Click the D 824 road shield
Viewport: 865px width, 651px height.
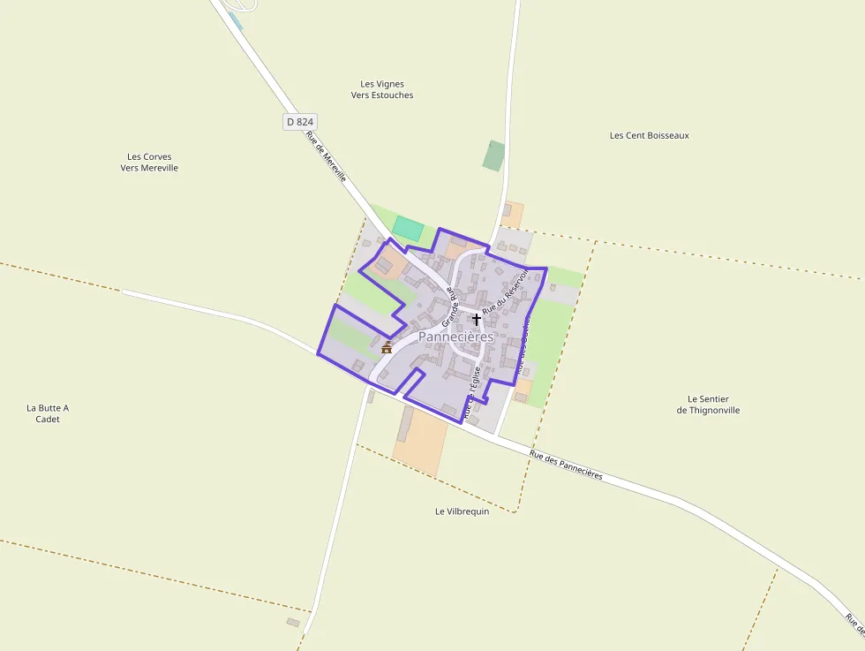click(x=300, y=122)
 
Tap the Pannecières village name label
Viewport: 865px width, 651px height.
click(x=455, y=337)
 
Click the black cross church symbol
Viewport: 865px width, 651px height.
click(x=477, y=319)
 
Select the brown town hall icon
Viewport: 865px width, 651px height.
click(x=387, y=347)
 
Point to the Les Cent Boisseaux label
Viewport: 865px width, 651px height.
click(x=649, y=135)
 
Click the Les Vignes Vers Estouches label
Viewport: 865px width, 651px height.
click(x=382, y=89)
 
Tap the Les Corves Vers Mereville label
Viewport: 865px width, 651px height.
click(x=149, y=162)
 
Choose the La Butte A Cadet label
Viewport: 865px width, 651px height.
click(x=48, y=413)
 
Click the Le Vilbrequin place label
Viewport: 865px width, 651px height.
click(x=462, y=511)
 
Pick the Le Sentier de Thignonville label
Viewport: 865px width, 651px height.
click(x=708, y=405)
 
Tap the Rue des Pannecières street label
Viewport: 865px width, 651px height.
click(x=566, y=465)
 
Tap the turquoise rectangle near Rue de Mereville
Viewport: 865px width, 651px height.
click(x=408, y=228)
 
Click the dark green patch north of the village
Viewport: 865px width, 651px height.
click(x=493, y=155)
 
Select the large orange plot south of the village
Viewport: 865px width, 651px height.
click(x=422, y=442)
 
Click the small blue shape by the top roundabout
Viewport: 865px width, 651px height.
click(x=236, y=19)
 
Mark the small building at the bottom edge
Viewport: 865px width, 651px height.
click(x=293, y=622)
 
